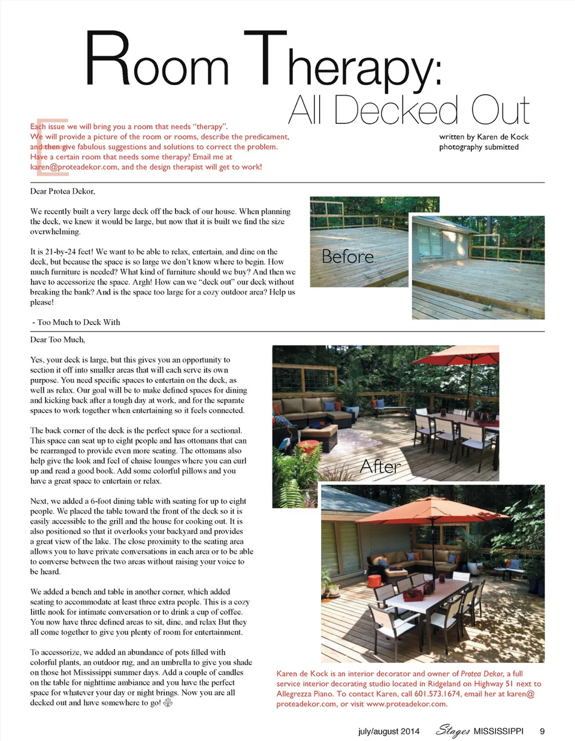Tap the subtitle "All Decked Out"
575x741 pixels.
[409, 111]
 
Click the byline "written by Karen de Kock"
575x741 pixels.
[483, 136]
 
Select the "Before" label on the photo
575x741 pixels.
[347, 256]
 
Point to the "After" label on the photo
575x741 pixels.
[380, 466]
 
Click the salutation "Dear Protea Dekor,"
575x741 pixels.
[62, 191]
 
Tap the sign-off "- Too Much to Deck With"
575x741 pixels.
[76, 322]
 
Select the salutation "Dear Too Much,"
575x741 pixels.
[57, 339]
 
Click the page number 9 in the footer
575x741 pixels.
[542, 731]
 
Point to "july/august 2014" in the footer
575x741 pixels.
[389, 731]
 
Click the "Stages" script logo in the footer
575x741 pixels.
[453, 730]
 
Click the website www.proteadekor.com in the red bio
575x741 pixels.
[406, 704]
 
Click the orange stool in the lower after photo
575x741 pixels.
[374, 581]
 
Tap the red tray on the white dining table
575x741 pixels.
[414, 593]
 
